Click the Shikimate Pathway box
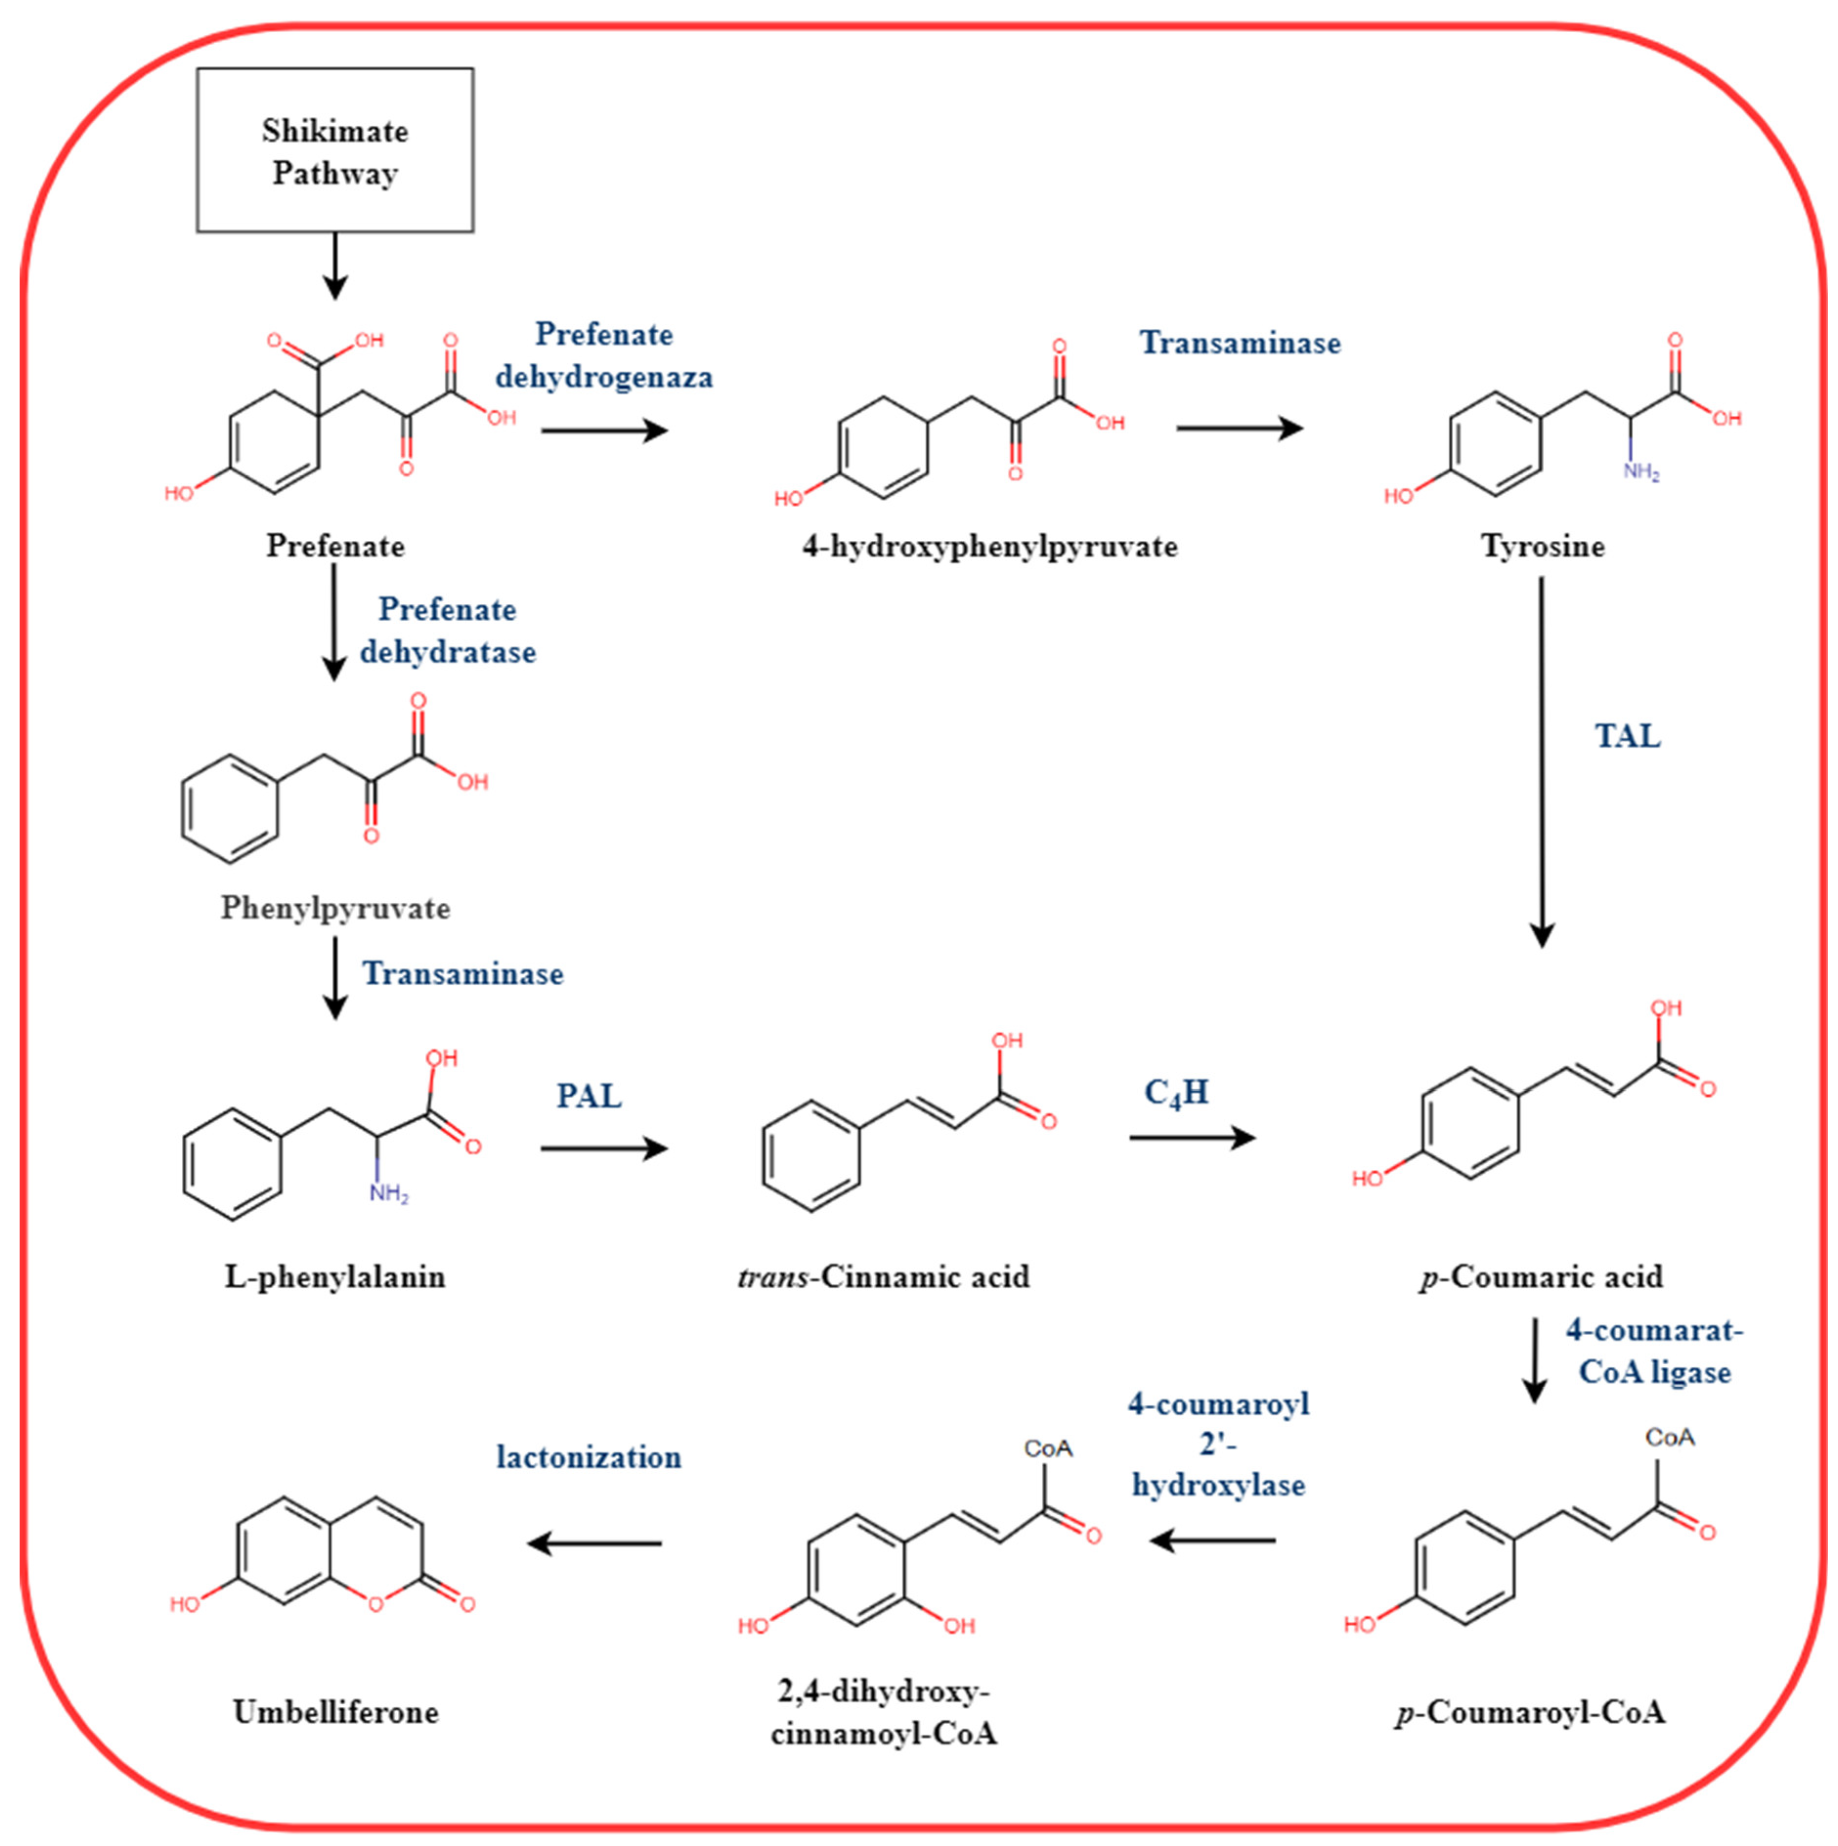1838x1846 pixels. [335, 150]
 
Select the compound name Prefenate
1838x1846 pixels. [335, 547]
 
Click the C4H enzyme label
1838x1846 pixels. [1177, 1092]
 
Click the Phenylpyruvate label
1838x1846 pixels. [335, 908]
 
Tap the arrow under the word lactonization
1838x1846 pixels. [595, 1543]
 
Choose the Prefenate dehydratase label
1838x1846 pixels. [447, 631]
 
